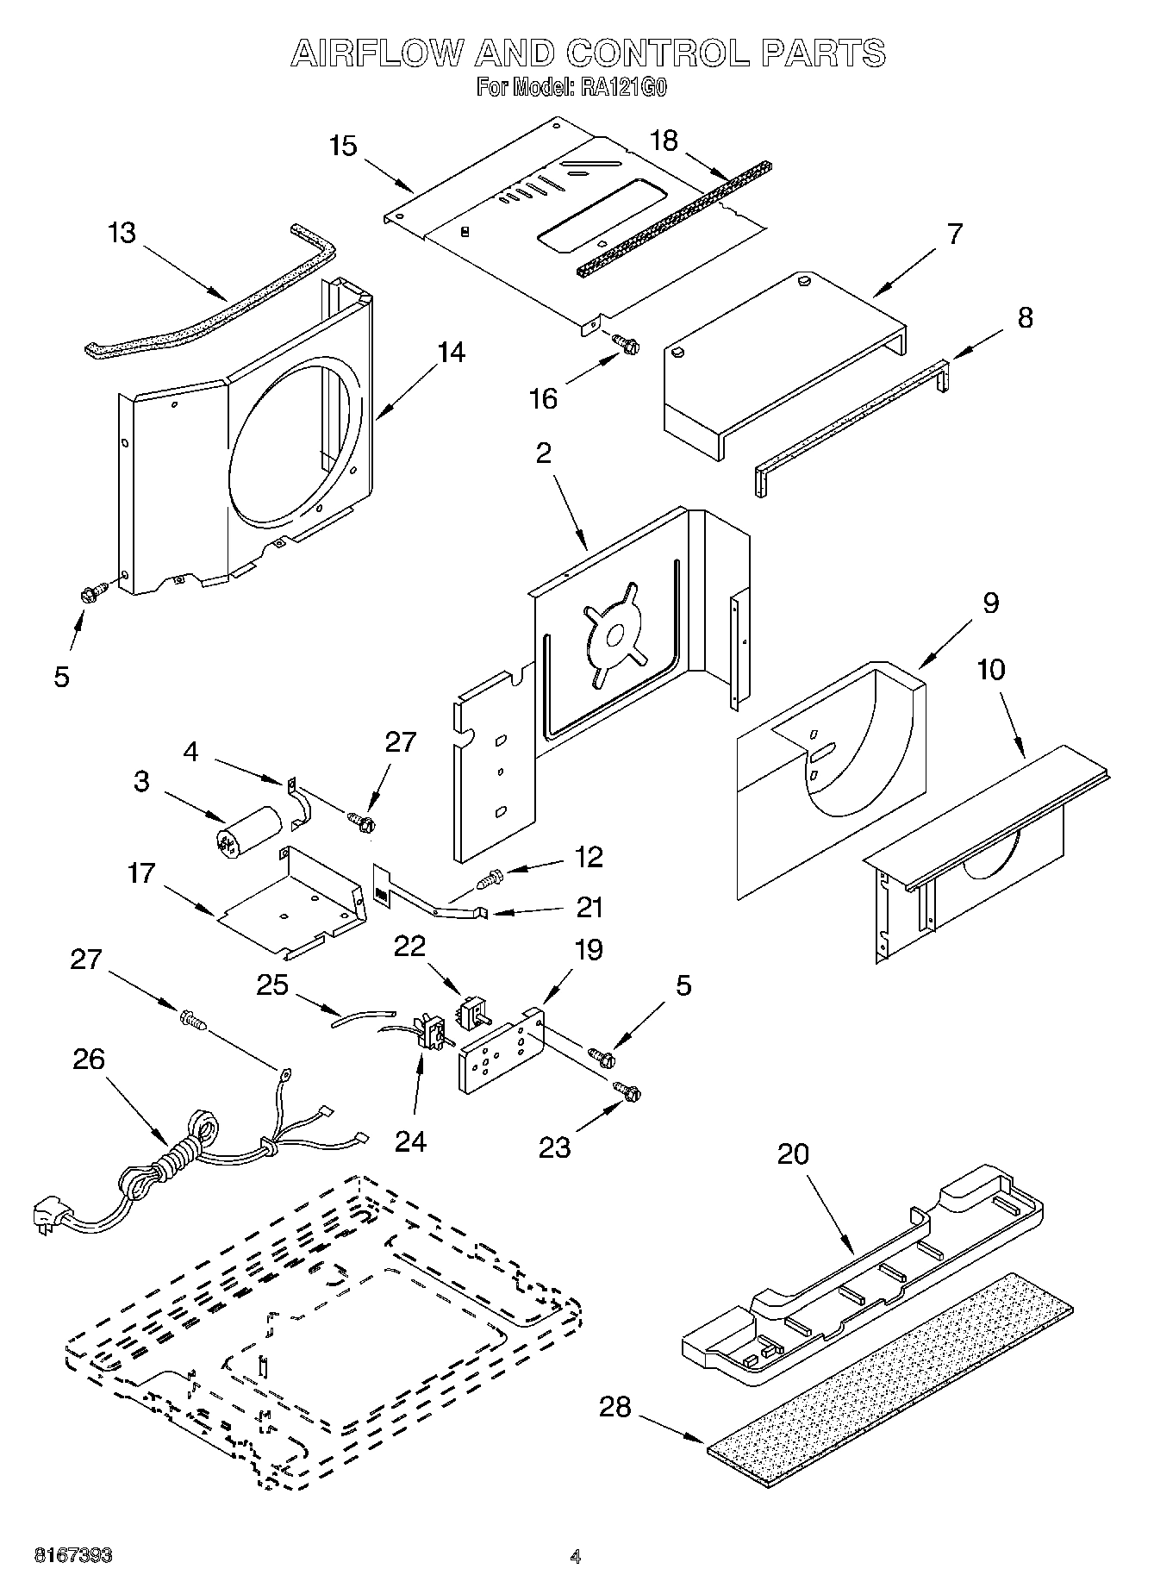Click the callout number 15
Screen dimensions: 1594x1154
pyautogui.click(x=343, y=146)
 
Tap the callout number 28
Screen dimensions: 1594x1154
pyautogui.click(x=615, y=1408)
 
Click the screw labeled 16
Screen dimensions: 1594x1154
pyautogui.click(x=626, y=343)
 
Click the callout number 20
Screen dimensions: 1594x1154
pyautogui.click(x=793, y=1153)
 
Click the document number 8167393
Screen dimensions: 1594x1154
pyautogui.click(x=72, y=1557)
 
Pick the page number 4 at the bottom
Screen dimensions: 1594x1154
pyautogui.click(x=575, y=1557)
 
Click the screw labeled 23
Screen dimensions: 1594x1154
pyautogui.click(x=627, y=1091)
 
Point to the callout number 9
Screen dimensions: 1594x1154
pyautogui.click(x=990, y=603)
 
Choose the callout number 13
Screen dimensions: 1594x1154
pyautogui.click(x=122, y=233)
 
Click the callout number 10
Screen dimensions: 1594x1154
pyautogui.click(x=991, y=669)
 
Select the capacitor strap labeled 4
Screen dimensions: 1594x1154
pyautogui.click(x=297, y=802)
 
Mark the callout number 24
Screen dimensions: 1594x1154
pyautogui.click(x=410, y=1141)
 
